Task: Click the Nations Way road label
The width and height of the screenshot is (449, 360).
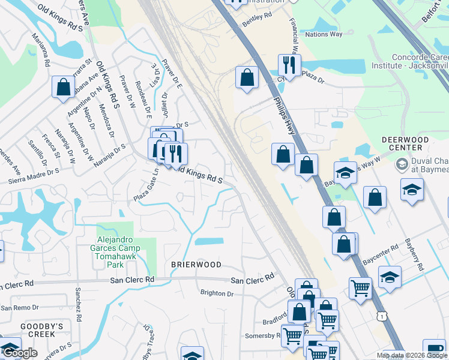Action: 324,34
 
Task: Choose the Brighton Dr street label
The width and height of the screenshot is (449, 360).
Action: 217,293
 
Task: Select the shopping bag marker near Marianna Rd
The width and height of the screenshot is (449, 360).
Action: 63,87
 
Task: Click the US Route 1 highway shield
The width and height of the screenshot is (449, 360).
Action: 379,316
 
